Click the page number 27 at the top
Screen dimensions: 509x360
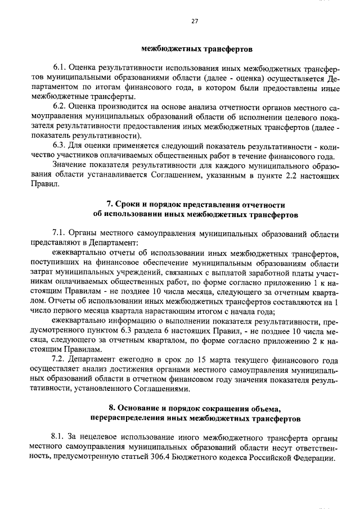195,22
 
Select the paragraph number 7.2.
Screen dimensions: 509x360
58,359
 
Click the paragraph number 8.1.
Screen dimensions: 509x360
58,437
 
